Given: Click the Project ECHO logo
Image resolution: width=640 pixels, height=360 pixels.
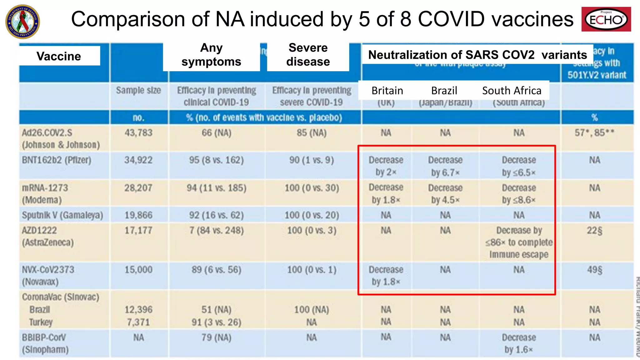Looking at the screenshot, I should point(606,19).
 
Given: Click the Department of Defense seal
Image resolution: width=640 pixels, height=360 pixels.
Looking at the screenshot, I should point(23,22).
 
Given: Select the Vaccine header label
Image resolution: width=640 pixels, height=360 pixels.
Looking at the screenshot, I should point(59,56).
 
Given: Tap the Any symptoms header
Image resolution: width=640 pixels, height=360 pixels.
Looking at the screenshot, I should point(212,55).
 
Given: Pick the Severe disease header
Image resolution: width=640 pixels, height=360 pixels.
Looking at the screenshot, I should point(308,55).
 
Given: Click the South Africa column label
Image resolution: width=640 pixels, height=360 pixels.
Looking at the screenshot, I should point(512,91).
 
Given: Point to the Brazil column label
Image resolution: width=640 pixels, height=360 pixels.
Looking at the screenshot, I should point(444,91).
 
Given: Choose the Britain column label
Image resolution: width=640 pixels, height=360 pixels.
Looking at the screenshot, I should point(387,91).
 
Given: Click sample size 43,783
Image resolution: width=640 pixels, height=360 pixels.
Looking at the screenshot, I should point(138,133).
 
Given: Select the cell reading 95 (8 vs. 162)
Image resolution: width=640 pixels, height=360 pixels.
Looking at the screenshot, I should point(216,160).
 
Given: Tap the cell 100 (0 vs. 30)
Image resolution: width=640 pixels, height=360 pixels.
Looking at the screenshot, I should point(312,188).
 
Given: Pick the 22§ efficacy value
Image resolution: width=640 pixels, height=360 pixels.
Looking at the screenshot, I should point(594,231).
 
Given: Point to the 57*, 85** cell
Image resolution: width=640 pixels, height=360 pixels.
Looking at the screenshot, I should point(594,133).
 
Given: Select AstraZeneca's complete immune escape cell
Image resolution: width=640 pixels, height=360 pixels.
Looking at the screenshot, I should point(519,242).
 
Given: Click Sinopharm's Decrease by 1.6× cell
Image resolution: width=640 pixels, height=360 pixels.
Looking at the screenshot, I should point(519,343).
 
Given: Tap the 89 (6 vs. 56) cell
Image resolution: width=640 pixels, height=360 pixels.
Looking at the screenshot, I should point(216,270).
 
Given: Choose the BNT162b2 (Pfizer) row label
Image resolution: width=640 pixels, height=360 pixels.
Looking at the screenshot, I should point(57,160).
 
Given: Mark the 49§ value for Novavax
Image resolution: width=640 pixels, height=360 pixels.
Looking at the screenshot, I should point(594,270).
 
